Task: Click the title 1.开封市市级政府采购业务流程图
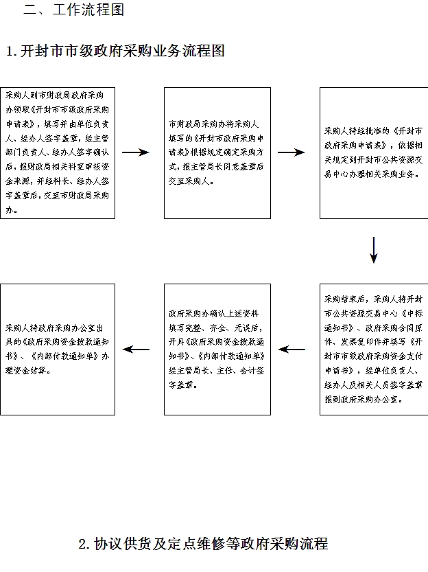(x=115, y=52)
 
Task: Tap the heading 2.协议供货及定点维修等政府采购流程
(x=203, y=544)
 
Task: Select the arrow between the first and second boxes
(x=136, y=152)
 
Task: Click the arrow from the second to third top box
(x=292, y=152)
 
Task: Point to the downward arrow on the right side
(x=374, y=251)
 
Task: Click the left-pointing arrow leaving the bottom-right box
(x=292, y=350)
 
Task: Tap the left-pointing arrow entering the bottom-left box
(x=136, y=350)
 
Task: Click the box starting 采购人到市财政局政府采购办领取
(x=58, y=152)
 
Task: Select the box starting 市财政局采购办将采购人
(x=217, y=152)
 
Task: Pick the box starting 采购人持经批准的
(x=374, y=152)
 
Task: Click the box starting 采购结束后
(x=374, y=349)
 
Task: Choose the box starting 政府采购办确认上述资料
(x=217, y=349)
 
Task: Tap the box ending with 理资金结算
(x=58, y=349)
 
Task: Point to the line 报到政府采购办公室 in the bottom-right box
(x=368, y=398)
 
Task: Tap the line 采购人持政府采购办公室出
(x=57, y=328)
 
